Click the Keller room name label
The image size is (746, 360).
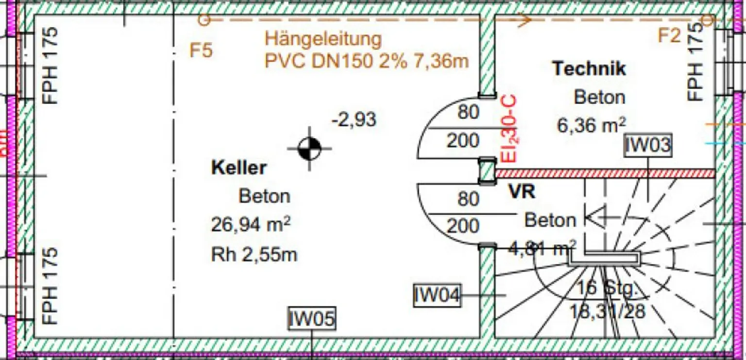click(x=238, y=168)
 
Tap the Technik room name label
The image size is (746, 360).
click(x=589, y=69)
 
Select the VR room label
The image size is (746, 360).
click(x=522, y=192)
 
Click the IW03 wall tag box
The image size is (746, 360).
click(x=647, y=146)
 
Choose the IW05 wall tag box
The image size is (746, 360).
click(x=311, y=319)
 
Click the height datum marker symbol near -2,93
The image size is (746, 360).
click(x=310, y=148)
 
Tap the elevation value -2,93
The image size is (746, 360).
click(x=354, y=120)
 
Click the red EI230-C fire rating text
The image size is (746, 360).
click(x=509, y=129)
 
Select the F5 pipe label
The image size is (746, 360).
click(x=201, y=51)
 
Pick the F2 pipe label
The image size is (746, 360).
click(x=670, y=35)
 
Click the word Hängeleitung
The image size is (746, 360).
click(x=323, y=39)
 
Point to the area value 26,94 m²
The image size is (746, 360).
click(x=251, y=225)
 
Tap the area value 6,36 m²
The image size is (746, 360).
click(x=591, y=125)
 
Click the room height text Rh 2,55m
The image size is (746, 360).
click(x=254, y=254)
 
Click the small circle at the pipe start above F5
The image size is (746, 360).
click(x=204, y=20)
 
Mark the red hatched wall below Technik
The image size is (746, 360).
click(x=605, y=173)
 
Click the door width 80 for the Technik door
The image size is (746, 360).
click(x=469, y=113)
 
